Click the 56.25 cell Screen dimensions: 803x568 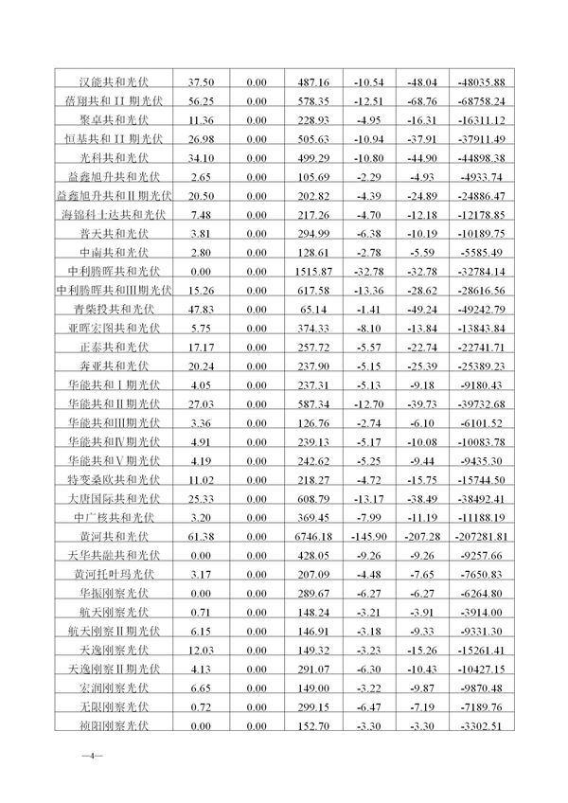pos(199,101)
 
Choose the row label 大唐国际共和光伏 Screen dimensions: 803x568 pos(115,498)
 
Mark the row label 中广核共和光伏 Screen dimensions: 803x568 pos(115,517)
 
